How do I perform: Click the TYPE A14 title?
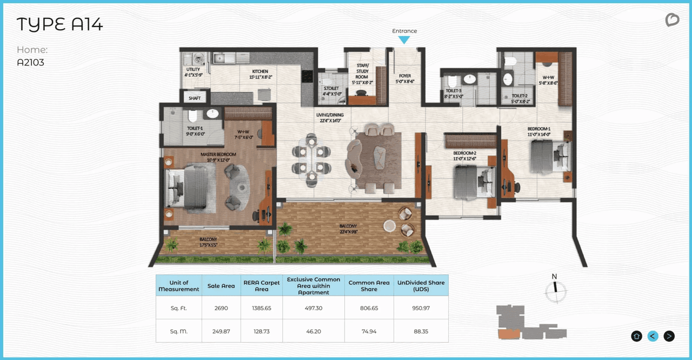[x=59, y=25]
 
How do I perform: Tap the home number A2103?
[x=30, y=62]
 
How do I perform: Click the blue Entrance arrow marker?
[x=404, y=40]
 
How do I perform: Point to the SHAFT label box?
[x=194, y=98]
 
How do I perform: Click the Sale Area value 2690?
[x=221, y=308]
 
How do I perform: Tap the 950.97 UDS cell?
[x=421, y=308]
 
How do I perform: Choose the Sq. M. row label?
[x=178, y=331]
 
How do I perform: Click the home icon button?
[x=636, y=336]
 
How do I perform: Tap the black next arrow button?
[x=669, y=336]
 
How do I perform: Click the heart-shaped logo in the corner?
[x=671, y=21]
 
